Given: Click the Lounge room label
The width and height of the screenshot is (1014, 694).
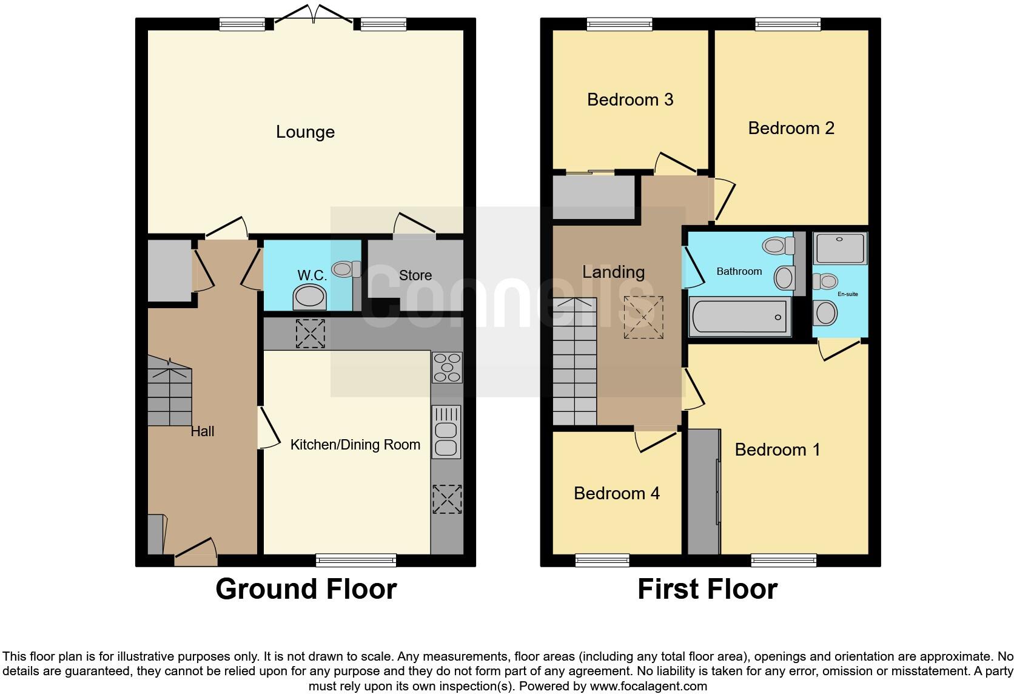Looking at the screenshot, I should (x=305, y=132).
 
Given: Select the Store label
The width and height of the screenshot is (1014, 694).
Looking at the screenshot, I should (x=415, y=275).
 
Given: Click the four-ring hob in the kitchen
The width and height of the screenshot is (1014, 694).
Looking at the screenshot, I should (x=448, y=367).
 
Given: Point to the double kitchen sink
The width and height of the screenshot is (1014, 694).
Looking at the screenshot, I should (x=446, y=432).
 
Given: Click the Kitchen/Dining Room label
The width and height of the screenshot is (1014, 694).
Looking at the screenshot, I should (x=355, y=445).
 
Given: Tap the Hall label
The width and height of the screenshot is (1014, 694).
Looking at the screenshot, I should (x=203, y=431).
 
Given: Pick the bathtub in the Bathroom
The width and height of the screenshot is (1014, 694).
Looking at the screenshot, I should (x=740, y=316).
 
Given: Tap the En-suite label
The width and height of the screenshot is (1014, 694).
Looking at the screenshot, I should (x=847, y=294).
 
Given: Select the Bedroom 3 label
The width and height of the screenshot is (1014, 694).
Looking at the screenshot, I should (x=630, y=99).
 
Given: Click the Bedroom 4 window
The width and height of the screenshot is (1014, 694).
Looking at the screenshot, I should (x=602, y=560).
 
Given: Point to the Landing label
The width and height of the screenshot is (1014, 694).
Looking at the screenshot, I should (x=613, y=272).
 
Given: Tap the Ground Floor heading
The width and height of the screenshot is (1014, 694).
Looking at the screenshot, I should (x=306, y=589).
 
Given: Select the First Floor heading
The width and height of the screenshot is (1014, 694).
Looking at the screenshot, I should (x=707, y=589).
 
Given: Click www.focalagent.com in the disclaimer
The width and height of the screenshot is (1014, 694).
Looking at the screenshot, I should (x=648, y=686).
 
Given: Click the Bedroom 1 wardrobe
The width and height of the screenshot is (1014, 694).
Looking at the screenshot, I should (x=703, y=491).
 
